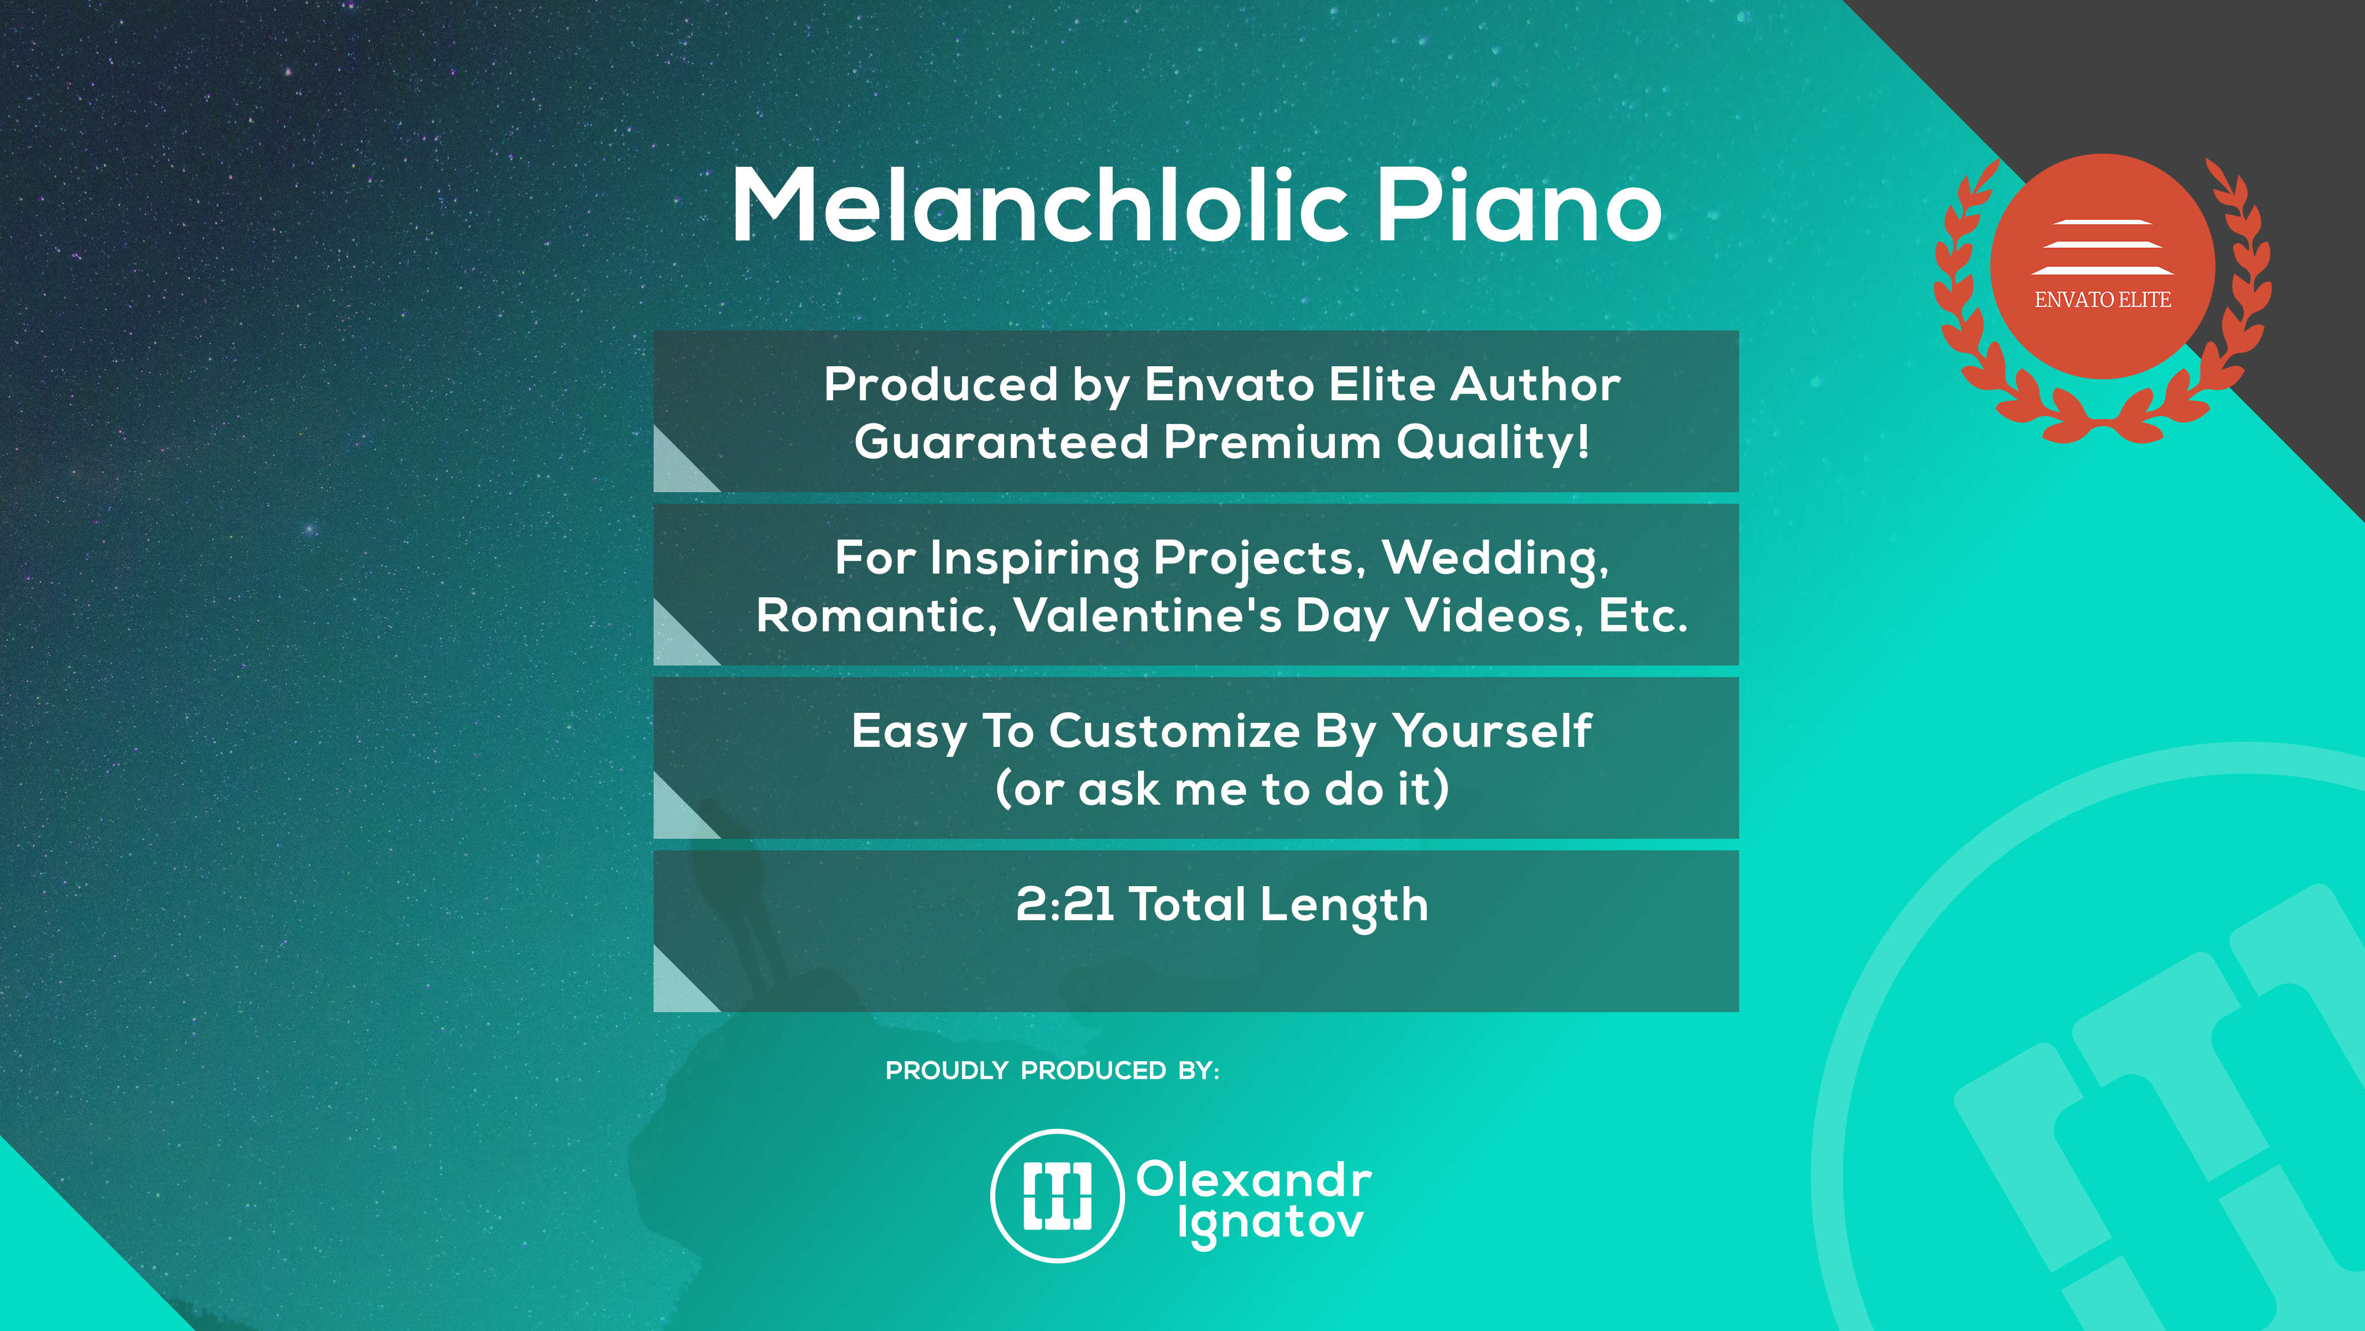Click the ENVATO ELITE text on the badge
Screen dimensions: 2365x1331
click(x=2102, y=299)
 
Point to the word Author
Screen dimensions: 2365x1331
click(x=1535, y=384)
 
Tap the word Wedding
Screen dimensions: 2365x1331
click(x=1495, y=559)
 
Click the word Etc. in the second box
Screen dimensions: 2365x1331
click(x=1643, y=615)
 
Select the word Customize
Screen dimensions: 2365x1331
click(x=1175, y=731)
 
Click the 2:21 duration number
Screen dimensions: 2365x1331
click(x=1065, y=904)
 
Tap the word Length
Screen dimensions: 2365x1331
click(x=1344, y=906)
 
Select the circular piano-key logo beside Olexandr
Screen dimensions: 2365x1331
click(x=1058, y=1196)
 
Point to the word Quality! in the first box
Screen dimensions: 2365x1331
click(x=1493, y=443)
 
